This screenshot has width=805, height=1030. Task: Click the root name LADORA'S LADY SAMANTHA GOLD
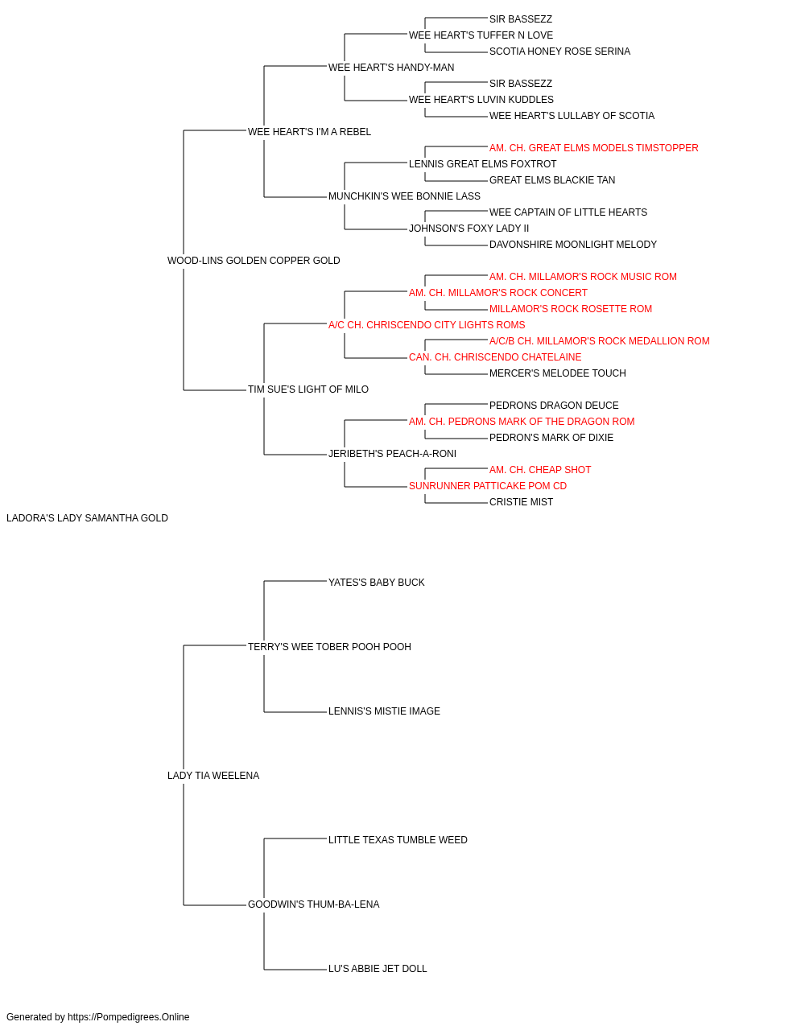(x=87, y=518)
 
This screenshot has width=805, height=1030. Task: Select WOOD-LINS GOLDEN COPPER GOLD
(x=254, y=261)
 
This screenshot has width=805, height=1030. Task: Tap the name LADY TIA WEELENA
(x=213, y=776)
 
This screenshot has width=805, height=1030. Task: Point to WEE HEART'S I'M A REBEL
(x=309, y=132)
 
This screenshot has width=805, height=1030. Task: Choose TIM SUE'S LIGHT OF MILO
(x=308, y=389)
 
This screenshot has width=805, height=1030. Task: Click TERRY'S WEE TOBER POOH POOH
(x=329, y=646)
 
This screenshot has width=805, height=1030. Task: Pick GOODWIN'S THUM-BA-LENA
(x=313, y=904)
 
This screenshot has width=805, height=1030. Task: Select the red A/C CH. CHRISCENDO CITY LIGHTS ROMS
(x=427, y=324)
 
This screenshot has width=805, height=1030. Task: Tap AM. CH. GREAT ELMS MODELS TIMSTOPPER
(x=593, y=148)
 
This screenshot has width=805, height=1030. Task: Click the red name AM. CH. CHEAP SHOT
(x=540, y=470)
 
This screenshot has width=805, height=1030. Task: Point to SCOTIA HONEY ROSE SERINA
(x=560, y=51)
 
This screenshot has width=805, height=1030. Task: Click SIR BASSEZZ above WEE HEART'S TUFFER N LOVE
(x=521, y=19)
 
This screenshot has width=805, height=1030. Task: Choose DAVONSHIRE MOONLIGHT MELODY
(x=572, y=245)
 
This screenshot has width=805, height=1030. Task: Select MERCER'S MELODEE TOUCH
(x=558, y=373)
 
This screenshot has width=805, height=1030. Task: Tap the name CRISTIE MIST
(x=521, y=502)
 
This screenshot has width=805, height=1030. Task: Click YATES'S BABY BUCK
(x=377, y=582)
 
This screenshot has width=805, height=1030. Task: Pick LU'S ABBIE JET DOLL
(x=378, y=968)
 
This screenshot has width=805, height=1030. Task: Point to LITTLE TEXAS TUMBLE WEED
(x=398, y=839)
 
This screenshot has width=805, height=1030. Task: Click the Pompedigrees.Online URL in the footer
(x=128, y=1017)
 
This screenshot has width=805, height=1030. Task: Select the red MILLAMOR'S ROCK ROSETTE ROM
(x=570, y=308)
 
